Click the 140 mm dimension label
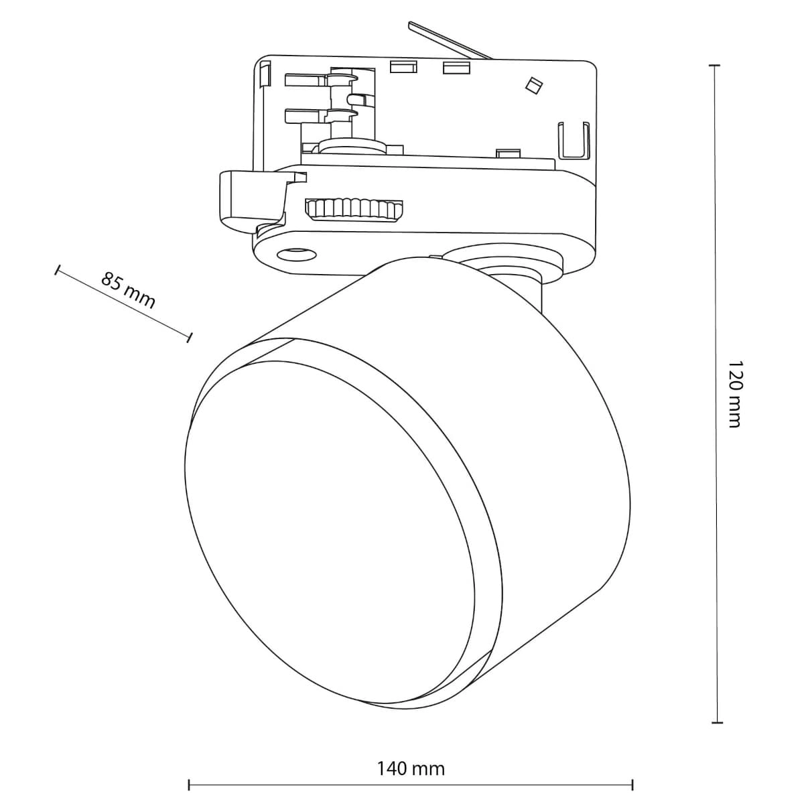pos(411,768)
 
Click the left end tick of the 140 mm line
pos(190,784)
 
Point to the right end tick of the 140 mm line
pos(632,784)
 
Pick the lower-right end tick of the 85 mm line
pos(190,336)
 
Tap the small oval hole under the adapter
pos(297,253)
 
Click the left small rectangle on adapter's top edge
pos(403,66)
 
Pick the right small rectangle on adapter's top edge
pos(455,66)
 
